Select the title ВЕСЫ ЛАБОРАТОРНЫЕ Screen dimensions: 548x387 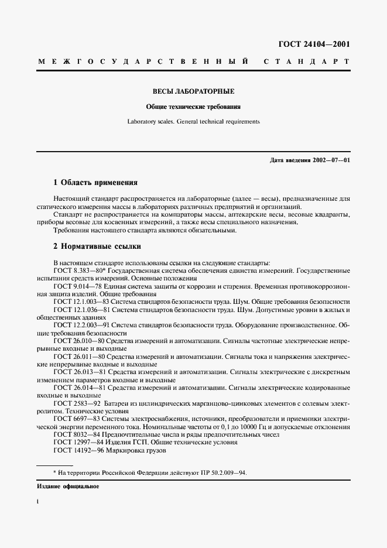click(193, 92)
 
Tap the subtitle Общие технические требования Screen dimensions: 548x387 click(193, 107)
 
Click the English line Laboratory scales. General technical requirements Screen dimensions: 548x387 click(193, 122)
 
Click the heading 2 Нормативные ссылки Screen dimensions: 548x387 click(97, 246)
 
